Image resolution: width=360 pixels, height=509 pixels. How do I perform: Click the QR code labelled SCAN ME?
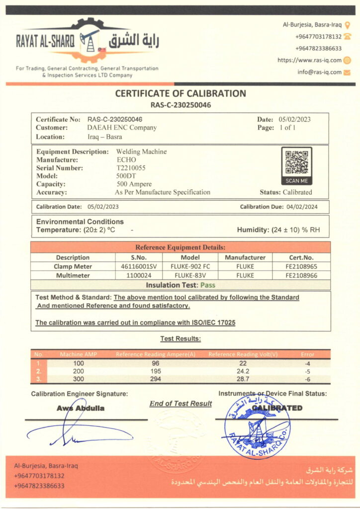tap(296, 162)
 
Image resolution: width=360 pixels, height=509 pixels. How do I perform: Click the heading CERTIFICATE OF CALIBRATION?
tap(180, 93)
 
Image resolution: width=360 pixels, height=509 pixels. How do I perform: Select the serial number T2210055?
tap(131, 168)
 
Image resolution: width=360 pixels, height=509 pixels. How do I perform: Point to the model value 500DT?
tap(125, 176)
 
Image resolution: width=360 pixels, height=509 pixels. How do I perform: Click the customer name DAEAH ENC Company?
tap(122, 128)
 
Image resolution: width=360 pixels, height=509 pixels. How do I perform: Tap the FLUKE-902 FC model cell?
tap(191, 266)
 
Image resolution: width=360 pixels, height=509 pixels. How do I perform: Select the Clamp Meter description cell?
tap(73, 266)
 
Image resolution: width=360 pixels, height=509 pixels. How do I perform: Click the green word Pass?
tap(208, 285)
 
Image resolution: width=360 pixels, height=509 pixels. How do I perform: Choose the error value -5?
tap(308, 371)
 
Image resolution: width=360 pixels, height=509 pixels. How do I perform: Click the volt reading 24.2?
tap(243, 371)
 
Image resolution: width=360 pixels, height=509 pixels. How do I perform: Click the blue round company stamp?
tap(257, 425)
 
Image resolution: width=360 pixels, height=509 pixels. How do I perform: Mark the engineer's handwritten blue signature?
tap(75, 431)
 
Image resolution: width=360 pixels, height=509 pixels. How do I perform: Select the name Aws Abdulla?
tap(81, 409)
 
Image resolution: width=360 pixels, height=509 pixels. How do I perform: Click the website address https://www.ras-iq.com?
tap(309, 60)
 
